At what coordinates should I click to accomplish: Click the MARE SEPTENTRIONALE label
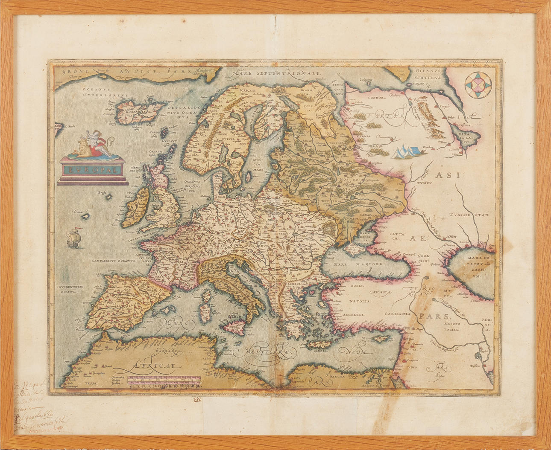(x=276, y=74)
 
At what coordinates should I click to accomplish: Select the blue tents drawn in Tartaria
(x=405, y=150)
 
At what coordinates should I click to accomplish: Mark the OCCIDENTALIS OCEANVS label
(x=71, y=290)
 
